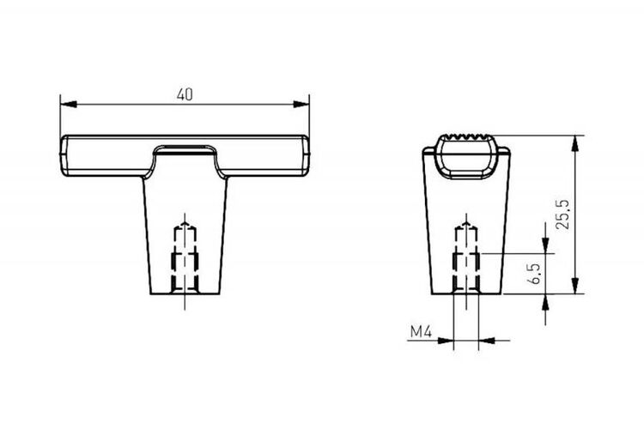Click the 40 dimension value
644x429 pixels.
tap(185, 95)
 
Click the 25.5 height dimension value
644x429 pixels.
tap(562, 214)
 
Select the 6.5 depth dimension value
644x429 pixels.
tap(534, 274)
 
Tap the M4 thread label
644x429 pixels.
tap(421, 331)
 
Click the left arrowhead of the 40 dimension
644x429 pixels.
tap(69, 105)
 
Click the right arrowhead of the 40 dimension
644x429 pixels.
tap(301, 105)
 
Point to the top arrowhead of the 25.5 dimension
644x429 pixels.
tap(575, 143)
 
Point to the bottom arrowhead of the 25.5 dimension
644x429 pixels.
tap(575, 286)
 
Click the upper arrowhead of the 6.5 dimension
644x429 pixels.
tap(545, 245)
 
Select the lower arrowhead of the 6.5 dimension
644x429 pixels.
tap(545, 302)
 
